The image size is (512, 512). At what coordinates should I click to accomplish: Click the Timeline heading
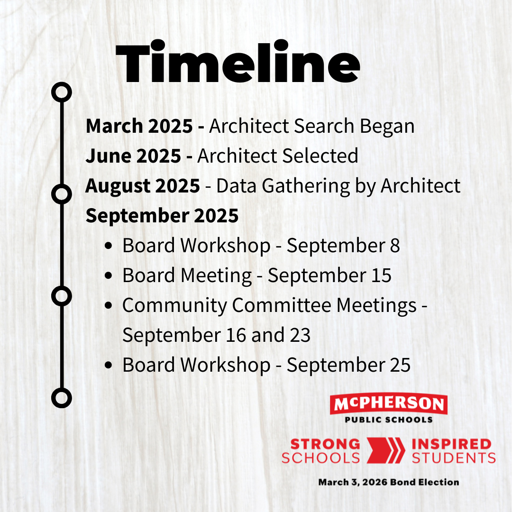click(238, 62)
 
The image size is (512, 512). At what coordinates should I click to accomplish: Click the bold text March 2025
click(139, 126)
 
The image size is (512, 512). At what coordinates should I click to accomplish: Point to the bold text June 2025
click(133, 156)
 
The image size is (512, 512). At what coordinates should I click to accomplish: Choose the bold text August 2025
click(143, 186)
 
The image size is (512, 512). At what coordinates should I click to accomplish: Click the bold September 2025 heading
click(162, 216)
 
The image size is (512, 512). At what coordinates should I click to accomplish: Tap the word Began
click(387, 127)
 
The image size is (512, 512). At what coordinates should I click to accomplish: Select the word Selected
click(320, 156)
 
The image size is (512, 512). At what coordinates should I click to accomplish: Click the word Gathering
click(306, 186)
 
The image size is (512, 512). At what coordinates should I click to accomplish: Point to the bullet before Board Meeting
click(109, 276)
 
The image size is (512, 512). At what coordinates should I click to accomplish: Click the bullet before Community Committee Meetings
click(109, 306)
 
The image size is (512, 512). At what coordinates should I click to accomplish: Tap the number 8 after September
click(395, 246)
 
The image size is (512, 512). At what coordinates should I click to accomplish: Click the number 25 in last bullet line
click(400, 365)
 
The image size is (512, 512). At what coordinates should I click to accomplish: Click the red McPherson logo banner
click(389, 403)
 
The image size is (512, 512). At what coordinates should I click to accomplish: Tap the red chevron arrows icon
click(386, 451)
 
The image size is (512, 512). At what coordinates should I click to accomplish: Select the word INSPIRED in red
click(452, 444)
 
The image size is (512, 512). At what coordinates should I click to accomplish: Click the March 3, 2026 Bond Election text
click(389, 482)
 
